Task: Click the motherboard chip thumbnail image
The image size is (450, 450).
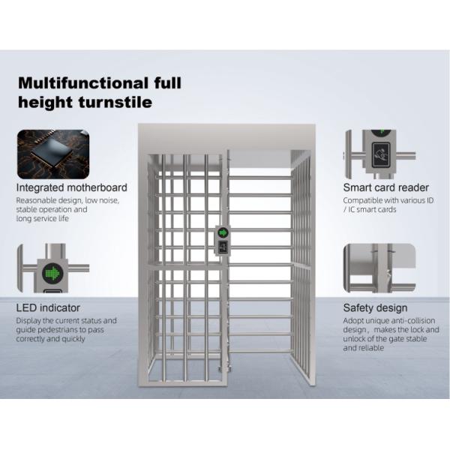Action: tap(53, 154)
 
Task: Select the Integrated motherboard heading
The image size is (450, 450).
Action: tap(72, 187)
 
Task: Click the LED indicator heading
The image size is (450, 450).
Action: tap(48, 307)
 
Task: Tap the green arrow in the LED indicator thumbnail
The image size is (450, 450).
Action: tap(52, 273)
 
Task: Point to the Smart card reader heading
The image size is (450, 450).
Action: tap(386, 187)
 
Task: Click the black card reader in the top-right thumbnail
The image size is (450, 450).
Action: tap(381, 155)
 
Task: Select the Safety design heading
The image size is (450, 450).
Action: tap(376, 307)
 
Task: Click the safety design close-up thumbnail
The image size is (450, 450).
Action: tap(379, 268)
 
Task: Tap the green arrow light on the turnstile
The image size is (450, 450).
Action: tap(223, 232)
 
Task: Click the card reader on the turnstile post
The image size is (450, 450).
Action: tap(223, 247)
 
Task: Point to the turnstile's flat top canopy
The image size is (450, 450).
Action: tap(226, 137)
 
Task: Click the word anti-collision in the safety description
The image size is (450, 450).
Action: tap(413, 320)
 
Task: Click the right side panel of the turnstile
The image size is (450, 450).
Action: tap(301, 267)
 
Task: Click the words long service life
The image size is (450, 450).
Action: tap(43, 219)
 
